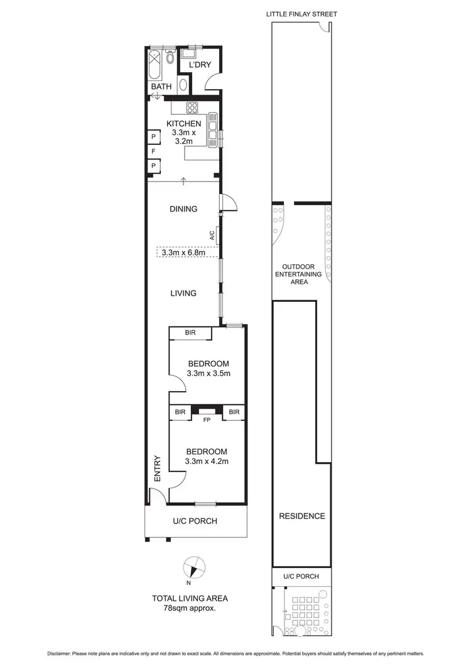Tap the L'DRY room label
[200, 65]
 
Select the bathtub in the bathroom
[155, 65]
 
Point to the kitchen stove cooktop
[191, 107]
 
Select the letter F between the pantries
[153, 151]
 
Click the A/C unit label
[212, 235]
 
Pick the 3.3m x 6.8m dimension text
[183, 252]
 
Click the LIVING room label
[183, 293]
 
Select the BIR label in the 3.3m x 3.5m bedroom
[190, 333]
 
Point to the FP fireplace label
[205, 421]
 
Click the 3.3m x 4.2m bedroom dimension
[207, 461]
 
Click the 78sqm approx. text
[193, 609]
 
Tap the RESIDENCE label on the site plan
[302, 516]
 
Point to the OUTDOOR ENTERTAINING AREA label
[300, 274]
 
